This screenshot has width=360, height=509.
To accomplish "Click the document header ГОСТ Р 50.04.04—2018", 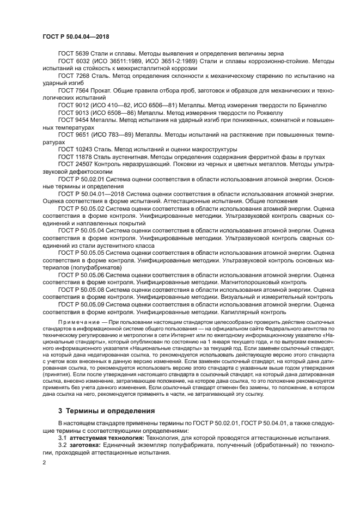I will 80,36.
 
